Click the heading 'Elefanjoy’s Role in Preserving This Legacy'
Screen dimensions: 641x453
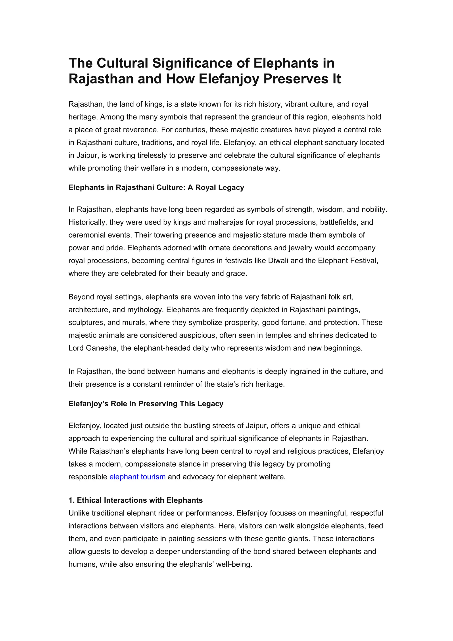[x=146, y=404]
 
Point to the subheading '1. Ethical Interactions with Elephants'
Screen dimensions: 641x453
[x=136, y=500]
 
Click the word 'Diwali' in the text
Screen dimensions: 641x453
[x=278, y=261]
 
